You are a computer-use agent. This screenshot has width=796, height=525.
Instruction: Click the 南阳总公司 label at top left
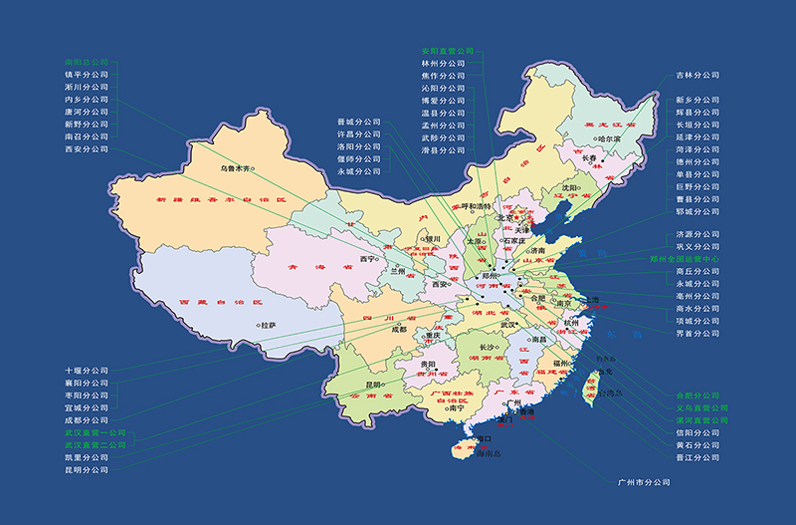(86, 62)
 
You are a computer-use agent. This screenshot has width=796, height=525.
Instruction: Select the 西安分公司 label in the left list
(86, 149)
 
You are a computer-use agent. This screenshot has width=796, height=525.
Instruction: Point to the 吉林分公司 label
(697, 75)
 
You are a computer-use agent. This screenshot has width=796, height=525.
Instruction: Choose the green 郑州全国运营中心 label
(711, 259)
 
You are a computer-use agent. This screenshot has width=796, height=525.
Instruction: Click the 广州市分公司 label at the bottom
(644, 482)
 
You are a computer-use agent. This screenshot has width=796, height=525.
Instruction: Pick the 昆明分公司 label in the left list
(86, 469)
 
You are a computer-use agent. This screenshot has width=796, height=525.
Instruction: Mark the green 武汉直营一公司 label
(96, 432)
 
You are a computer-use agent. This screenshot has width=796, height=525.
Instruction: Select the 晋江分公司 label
(697, 458)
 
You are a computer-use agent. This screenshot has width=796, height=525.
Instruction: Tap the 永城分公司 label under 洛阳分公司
(358, 171)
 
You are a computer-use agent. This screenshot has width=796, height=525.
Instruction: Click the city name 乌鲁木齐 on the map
(237, 169)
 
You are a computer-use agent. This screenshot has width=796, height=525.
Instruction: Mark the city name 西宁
(367, 259)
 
